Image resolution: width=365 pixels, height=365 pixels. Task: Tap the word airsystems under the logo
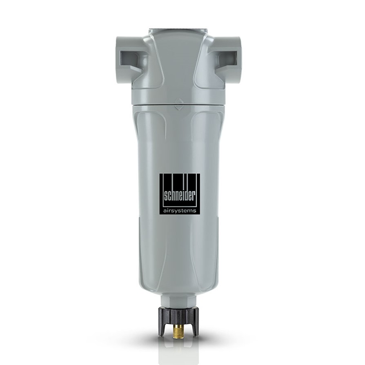(180, 211)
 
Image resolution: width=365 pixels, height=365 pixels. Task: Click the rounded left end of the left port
(118, 59)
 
